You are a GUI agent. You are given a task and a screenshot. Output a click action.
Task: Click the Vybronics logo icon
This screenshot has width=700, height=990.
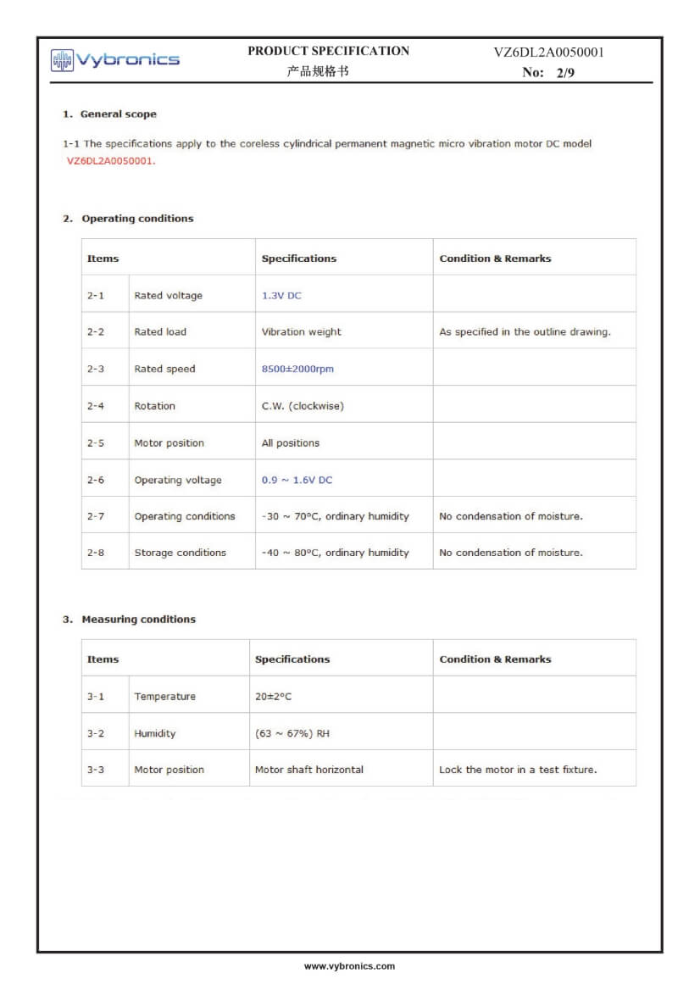[62, 59]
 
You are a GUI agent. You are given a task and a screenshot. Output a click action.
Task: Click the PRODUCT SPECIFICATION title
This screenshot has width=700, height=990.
[328, 51]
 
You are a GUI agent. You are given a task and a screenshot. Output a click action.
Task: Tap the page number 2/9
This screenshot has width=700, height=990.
[565, 73]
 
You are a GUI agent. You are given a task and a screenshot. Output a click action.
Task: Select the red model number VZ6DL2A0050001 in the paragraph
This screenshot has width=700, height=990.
[111, 161]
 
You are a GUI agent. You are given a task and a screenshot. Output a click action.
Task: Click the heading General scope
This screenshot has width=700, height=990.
[118, 114]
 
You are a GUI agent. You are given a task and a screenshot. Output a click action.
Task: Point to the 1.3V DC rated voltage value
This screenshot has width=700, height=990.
[281, 296]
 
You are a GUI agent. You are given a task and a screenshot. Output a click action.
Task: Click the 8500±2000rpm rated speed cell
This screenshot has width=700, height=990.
[297, 370]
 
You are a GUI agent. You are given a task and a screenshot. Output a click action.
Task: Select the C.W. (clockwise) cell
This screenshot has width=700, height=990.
[303, 406]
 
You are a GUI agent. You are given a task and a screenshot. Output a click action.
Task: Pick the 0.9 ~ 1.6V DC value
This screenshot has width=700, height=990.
[297, 480]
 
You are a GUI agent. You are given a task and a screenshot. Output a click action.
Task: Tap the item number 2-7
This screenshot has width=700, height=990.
[96, 516]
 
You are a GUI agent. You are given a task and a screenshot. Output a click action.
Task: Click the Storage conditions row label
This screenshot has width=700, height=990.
[180, 553]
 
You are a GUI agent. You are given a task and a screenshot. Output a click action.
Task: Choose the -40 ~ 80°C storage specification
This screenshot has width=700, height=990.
[335, 553]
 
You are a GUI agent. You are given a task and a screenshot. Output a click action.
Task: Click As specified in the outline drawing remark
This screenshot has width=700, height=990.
[525, 332]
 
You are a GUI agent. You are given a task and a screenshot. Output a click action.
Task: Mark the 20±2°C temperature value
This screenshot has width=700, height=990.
[273, 697]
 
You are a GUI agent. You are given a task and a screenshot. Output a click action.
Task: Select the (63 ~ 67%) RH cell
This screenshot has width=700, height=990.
[292, 733]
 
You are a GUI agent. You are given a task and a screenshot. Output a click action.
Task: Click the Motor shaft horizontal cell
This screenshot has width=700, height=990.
[309, 770]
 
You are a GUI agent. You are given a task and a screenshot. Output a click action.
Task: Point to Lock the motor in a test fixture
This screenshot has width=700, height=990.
[518, 770]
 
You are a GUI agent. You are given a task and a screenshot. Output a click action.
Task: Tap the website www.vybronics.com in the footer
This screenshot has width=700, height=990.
[349, 966]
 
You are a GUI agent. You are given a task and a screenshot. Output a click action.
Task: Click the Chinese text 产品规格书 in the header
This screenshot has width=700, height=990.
[318, 72]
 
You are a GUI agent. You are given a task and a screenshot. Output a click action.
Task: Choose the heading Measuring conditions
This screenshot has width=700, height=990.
[138, 620]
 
